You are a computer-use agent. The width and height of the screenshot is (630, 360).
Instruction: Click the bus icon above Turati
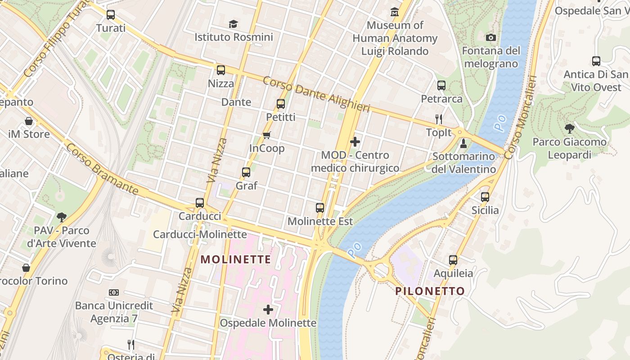111,15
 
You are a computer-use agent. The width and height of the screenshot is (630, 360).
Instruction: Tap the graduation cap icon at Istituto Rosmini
233,24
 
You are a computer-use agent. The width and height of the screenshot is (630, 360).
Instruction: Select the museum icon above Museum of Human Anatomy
395,12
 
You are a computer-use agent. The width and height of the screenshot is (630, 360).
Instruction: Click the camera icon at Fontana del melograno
491,37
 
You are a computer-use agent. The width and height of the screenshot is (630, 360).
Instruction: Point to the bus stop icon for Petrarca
441,85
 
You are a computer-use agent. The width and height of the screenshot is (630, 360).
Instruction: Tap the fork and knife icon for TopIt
439,119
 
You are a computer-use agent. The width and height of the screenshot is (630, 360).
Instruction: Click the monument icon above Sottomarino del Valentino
463,144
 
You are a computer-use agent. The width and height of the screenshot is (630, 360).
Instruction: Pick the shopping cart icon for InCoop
267,135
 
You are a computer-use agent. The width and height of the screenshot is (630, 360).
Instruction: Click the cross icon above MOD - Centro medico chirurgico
355,142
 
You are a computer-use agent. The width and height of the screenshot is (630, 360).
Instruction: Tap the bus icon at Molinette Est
320,208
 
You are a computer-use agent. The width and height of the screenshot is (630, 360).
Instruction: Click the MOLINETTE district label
236,260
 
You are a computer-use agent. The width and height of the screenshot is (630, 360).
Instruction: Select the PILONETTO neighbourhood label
430,291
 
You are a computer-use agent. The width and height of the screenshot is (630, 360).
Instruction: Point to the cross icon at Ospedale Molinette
268,310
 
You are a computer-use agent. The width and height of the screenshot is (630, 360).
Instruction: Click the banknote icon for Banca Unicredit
114,292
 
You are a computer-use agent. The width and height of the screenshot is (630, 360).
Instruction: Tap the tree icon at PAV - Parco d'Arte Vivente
62,217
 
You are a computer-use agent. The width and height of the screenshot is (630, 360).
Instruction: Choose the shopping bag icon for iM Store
29,121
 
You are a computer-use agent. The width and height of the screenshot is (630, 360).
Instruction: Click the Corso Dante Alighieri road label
316,94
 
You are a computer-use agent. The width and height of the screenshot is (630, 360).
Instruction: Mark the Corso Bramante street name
102,169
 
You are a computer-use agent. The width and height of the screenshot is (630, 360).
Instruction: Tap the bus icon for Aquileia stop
453,260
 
